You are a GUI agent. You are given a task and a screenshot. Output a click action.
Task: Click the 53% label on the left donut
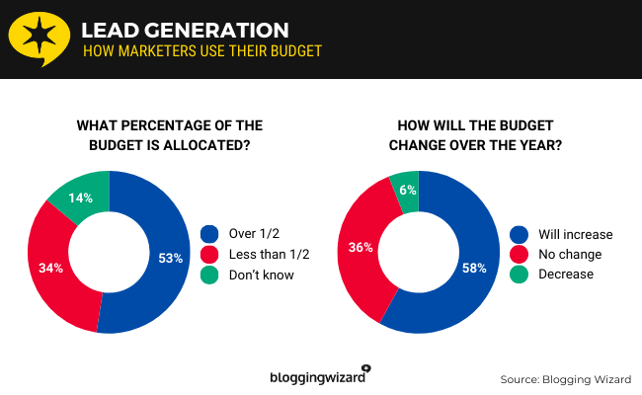[171, 259]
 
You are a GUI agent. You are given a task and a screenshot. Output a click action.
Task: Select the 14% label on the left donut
[82, 197]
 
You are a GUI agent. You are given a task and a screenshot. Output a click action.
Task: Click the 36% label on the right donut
[361, 247]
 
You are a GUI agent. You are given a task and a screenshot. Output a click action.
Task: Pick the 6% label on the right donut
[408, 191]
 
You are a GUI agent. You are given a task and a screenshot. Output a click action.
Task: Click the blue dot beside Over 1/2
[209, 234]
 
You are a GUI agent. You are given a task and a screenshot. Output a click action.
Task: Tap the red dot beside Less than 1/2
[209, 254]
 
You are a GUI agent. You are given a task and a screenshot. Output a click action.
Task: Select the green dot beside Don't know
[209, 275]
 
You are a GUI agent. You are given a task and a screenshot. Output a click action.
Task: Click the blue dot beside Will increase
[520, 234]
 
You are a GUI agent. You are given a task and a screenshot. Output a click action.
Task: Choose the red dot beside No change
[520, 254]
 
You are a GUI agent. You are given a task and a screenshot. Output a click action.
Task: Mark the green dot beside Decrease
[520, 274]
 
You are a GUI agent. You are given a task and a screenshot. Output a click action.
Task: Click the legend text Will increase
[576, 234]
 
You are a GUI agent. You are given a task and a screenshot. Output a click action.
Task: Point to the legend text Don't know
[261, 275]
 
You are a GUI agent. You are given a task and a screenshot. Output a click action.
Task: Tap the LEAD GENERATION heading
[186, 30]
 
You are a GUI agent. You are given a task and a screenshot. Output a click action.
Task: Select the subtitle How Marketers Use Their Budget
[201, 50]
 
